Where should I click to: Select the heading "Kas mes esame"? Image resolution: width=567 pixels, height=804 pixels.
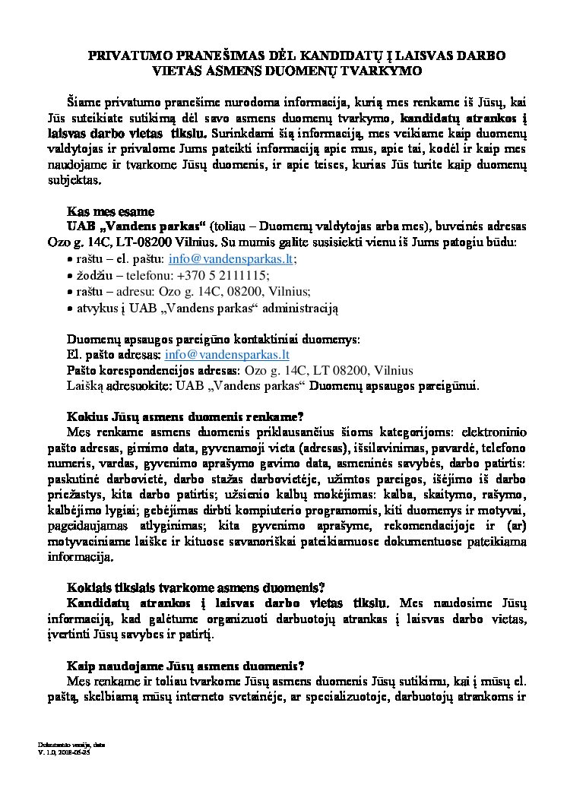(x=111, y=211)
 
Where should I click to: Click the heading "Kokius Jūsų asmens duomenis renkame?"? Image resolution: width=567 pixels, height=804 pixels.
(x=185, y=416)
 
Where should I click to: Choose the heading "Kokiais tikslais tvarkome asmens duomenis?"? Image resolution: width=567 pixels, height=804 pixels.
(x=196, y=587)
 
